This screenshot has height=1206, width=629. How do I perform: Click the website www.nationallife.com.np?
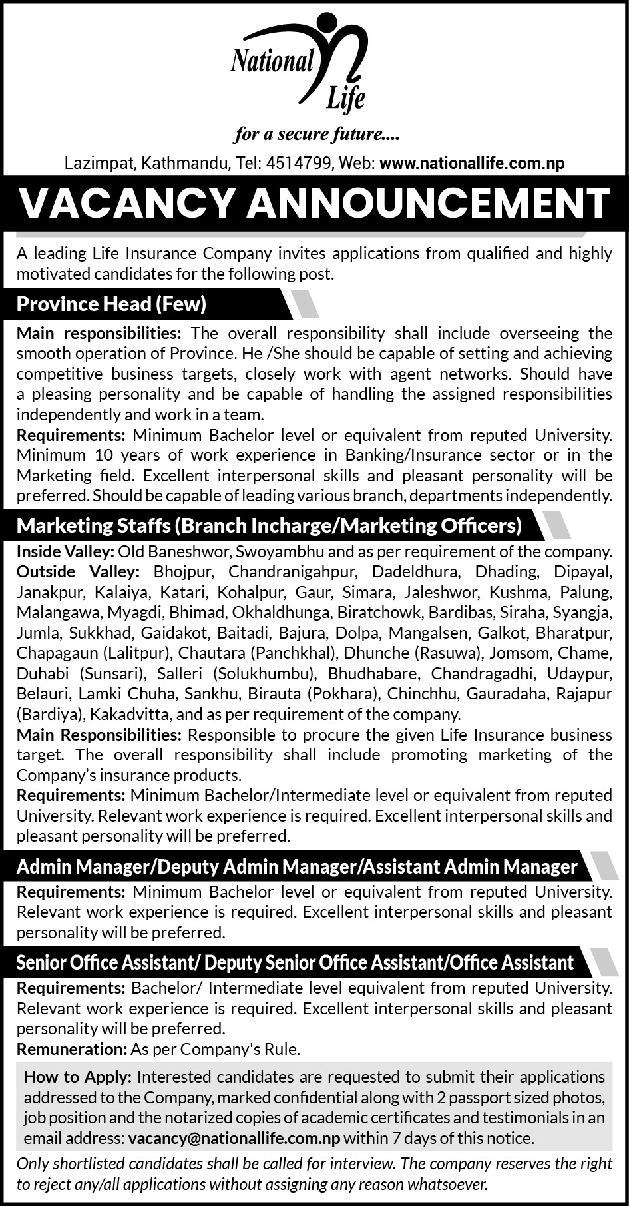[472, 163]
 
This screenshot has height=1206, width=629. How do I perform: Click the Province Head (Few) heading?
[112, 304]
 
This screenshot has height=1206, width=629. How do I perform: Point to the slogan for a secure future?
[315, 135]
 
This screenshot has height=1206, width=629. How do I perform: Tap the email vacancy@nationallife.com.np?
[234, 1139]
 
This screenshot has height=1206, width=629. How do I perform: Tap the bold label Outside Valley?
[78, 572]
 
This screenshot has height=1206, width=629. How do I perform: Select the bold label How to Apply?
[78, 1077]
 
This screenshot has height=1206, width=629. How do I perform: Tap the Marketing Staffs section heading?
[269, 526]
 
